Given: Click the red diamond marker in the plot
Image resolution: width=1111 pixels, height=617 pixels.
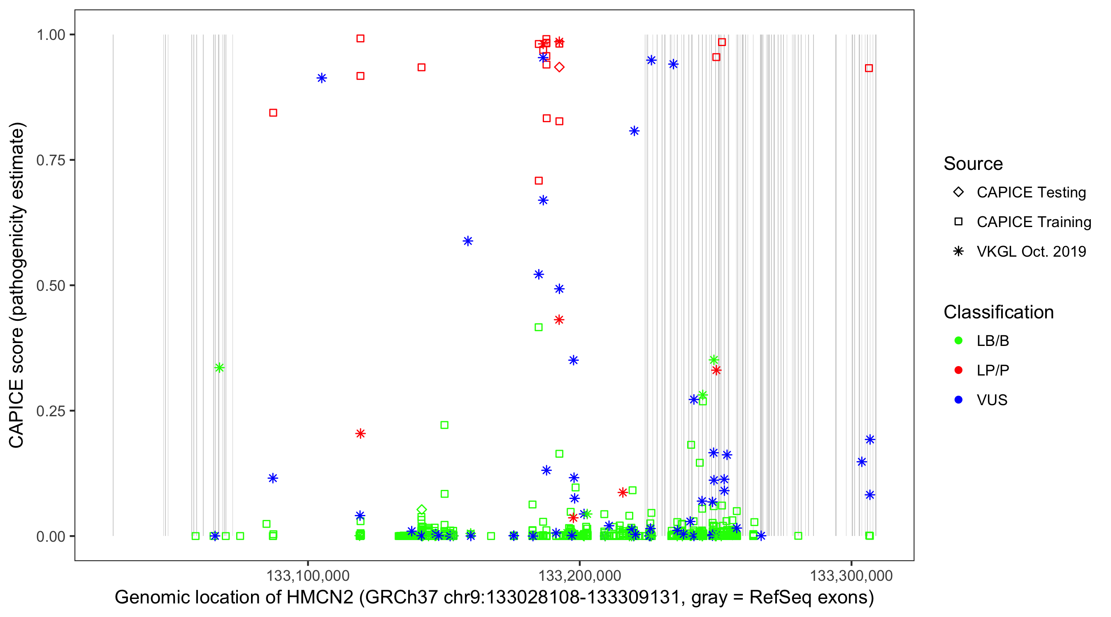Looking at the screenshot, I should (559, 67).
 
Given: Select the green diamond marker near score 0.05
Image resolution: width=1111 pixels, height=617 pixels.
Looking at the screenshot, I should (421, 510).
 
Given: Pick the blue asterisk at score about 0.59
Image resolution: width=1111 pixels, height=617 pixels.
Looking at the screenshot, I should (468, 241).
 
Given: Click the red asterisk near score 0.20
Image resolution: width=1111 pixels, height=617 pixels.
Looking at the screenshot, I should (360, 433).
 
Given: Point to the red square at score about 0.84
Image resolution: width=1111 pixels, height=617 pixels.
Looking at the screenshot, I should (273, 113).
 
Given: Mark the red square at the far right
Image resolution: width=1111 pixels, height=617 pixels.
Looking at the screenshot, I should (869, 68).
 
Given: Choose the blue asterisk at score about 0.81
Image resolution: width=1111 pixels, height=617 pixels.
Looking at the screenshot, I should (634, 131).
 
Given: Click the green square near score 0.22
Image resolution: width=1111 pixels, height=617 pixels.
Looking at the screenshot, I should (444, 425).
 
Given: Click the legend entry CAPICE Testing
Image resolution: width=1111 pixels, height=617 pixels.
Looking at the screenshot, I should (1031, 193).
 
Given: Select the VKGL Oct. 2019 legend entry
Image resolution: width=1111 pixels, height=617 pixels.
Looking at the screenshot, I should (1031, 251).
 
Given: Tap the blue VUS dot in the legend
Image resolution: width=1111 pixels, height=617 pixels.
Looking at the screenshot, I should (958, 400).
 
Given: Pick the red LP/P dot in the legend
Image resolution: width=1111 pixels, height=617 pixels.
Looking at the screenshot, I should (958, 370).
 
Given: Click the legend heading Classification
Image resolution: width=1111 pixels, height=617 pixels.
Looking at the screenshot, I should (998, 312).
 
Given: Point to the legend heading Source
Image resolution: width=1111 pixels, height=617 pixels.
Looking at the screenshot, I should (973, 164).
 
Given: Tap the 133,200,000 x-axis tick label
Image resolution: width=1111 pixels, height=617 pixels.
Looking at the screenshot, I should (579, 575).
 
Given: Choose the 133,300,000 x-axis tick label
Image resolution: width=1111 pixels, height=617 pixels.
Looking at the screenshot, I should (851, 575).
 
